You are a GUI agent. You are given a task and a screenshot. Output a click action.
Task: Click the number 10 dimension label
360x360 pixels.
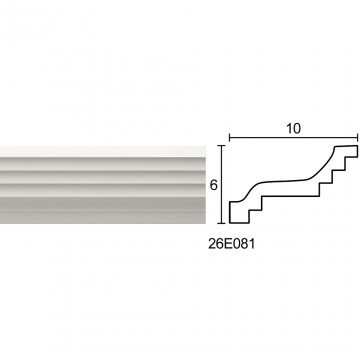coord(293,128)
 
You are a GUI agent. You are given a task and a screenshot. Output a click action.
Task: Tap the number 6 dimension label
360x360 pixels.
coord(213,185)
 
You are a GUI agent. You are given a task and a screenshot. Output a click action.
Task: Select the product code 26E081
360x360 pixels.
coord(232,244)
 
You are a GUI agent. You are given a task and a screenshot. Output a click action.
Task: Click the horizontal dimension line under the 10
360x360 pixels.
coord(293,137)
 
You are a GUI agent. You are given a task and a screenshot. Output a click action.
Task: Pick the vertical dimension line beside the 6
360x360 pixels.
coord(222,184)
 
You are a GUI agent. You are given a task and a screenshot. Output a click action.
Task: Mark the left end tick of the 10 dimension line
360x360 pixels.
coord(229,137)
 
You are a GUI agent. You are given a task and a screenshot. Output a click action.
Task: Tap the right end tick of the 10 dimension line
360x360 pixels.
coord(358,137)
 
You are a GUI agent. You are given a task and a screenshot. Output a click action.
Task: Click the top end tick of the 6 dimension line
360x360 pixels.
coord(222,145)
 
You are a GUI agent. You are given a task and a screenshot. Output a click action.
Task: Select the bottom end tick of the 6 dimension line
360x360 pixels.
coord(222,223)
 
